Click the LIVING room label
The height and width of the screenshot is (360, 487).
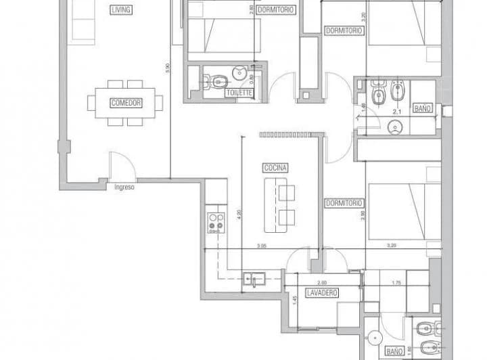pos(123,10)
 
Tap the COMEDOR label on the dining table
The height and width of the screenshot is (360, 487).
pos(125,103)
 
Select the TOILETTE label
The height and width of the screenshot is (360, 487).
pos(239,93)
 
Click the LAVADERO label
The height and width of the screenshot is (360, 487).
pos(321,292)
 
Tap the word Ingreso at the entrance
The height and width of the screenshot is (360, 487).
pos(124,187)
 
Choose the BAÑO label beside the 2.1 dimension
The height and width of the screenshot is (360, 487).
pos(422,108)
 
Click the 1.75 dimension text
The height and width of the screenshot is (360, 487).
pos(397,282)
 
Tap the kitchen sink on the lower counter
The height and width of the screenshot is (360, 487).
pos(255,278)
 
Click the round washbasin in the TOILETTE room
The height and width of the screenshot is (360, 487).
pos(239,73)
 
